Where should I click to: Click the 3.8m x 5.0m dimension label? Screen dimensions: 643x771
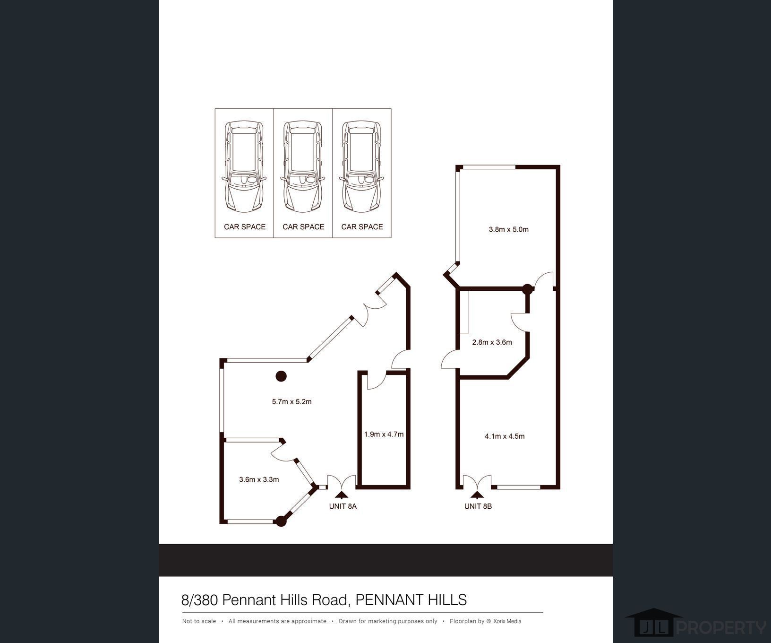508,230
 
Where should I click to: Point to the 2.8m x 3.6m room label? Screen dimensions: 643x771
492,342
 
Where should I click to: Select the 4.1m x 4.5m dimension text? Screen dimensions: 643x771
505,436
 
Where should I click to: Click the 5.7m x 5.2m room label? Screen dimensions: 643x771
291,402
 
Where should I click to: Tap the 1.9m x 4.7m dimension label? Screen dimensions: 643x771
384,434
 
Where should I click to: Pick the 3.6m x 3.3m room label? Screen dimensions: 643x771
259,479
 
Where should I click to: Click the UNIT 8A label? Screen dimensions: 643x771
343,506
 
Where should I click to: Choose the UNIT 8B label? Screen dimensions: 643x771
478,506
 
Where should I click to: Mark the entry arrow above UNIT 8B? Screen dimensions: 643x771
477,495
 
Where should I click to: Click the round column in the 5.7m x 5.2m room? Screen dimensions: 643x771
281,376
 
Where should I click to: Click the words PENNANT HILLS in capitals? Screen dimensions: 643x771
411,600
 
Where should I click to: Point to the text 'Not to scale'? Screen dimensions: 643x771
199,621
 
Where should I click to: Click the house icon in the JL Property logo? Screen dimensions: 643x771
654,623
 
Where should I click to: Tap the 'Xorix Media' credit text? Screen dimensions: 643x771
507,621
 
